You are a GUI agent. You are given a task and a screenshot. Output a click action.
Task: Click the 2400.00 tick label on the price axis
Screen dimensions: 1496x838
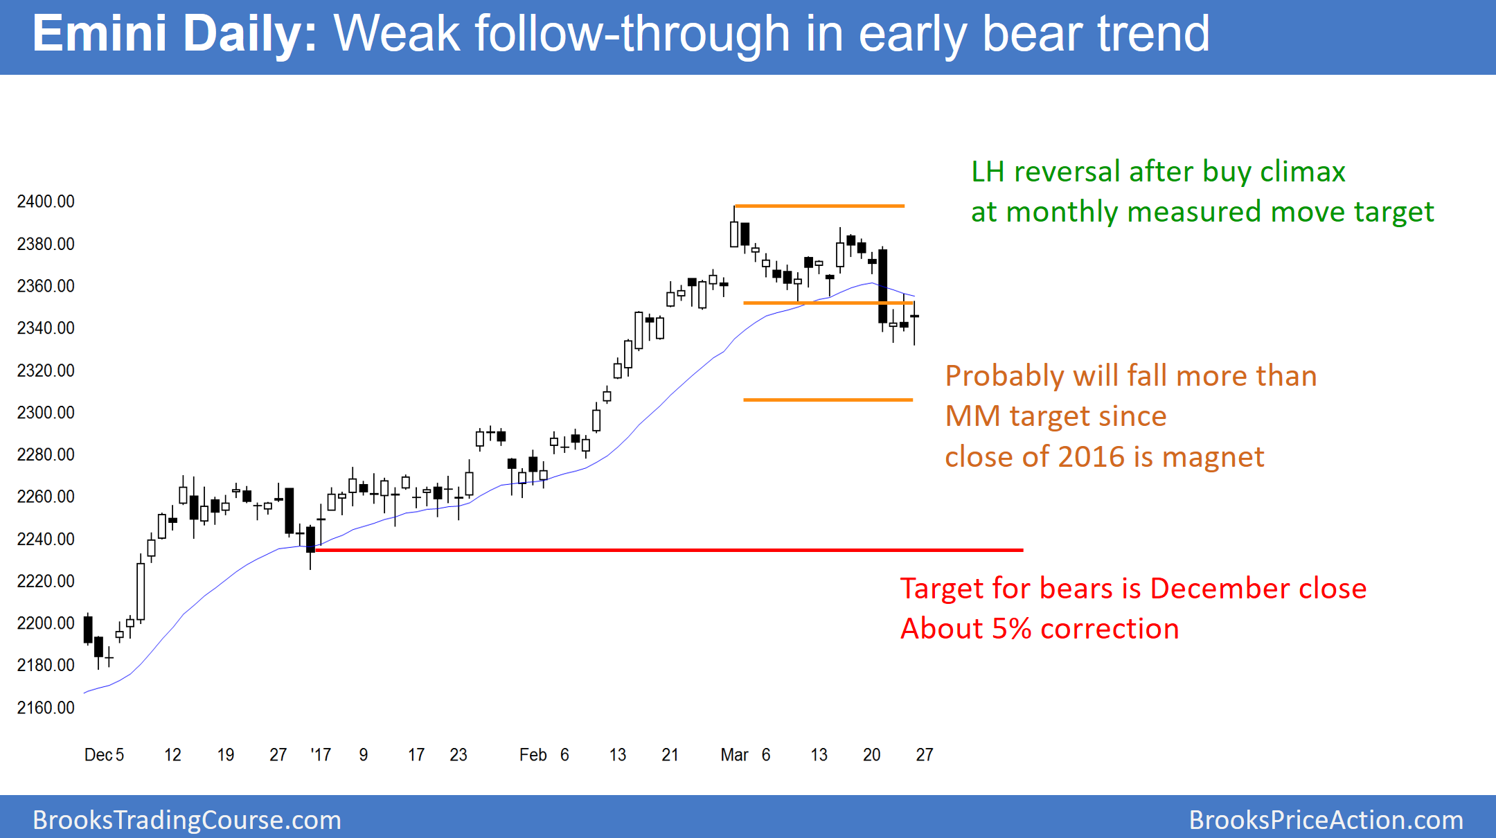[46, 202]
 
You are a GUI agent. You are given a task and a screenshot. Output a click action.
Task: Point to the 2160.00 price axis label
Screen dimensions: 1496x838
[46, 707]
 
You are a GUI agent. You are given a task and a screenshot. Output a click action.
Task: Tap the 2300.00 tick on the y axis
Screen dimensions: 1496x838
[46, 413]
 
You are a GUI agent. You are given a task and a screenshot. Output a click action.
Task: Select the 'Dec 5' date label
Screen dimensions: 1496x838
[104, 754]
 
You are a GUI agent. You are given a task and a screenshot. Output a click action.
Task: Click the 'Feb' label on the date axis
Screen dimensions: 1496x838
[533, 754]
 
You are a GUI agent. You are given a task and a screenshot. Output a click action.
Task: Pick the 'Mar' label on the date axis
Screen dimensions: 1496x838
[734, 754]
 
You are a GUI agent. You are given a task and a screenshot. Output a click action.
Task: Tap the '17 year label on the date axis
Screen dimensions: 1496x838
[321, 754]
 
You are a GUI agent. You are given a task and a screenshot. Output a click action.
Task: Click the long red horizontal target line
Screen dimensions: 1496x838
[669, 550]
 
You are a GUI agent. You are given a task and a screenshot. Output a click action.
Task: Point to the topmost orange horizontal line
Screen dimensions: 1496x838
[819, 206]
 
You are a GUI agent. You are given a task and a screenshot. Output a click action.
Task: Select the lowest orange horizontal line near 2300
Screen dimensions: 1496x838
[828, 400]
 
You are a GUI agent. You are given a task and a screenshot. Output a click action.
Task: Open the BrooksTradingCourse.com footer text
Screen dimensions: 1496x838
[187, 820]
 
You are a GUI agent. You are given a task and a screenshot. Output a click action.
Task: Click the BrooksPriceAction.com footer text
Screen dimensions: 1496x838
[1326, 820]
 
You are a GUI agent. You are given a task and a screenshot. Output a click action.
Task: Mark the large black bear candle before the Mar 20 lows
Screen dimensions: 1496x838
[883, 286]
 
